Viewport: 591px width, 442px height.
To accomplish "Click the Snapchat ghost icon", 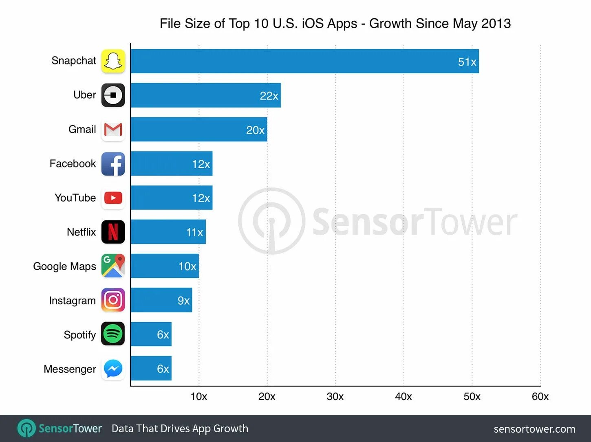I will coord(113,61).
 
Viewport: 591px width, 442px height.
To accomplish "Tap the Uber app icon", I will coord(113,95).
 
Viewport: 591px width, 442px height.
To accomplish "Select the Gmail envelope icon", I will coord(113,130).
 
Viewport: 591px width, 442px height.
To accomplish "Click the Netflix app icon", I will coord(113,232).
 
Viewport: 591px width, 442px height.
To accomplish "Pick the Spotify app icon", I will coord(113,334).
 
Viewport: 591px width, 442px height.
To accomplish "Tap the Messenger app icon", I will coord(113,369).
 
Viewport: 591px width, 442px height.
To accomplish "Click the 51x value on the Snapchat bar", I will coord(467,62).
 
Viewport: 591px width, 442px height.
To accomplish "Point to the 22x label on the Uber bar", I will coord(269,96).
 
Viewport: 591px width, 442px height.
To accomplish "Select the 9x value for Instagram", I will coord(183,301).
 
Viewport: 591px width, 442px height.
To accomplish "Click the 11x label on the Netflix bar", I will coord(194,232).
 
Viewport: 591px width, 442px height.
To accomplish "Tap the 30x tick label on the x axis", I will coord(335,396).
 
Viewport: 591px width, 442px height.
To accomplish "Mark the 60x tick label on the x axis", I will coord(540,396).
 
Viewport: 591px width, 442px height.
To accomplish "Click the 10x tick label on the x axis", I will coord(198,396).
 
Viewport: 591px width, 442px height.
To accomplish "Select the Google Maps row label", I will coord(64,266).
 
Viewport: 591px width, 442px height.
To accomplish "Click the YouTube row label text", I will coord(75,198).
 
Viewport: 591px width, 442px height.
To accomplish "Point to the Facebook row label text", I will coord(73,164).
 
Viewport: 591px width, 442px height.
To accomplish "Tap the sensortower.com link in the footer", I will coord(534,429).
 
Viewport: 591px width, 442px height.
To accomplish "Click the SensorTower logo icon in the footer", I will coord(26,429).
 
